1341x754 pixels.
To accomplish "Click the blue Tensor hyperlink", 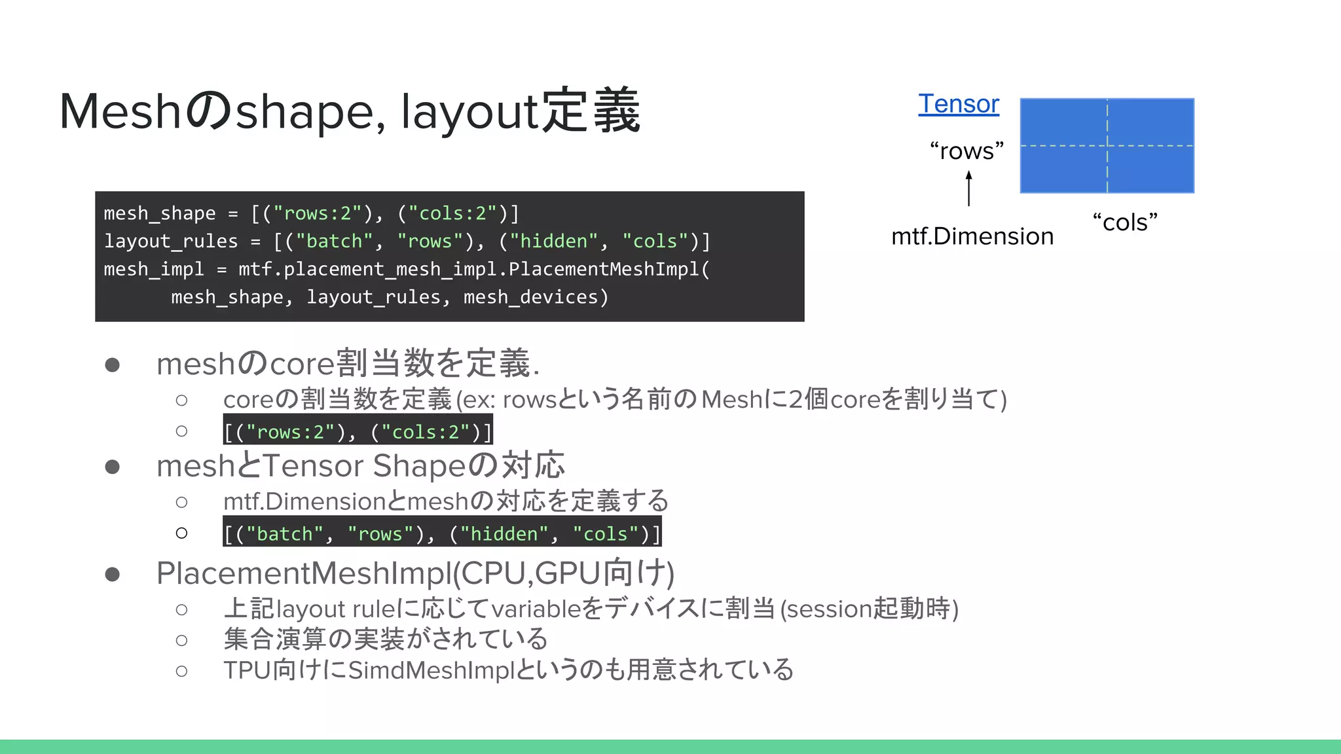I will pyautogui.click(x=959, y=104).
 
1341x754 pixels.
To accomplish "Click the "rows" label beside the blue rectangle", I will pyautogui.click(x=966, y=151).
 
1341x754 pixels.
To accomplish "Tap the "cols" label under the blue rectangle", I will pyautogui.click(x=1125, y=223).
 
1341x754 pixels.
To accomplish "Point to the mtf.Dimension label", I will pyautogui.click(x=972, y=236).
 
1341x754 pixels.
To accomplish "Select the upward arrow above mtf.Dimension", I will pyautogui.click(x=969, y=188).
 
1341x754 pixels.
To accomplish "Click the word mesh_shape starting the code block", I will pyautogui.click(x=159, y=213).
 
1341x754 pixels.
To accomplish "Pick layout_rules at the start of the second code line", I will pyautogui.click(x=170, y=242).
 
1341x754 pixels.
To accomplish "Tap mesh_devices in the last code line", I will pyautogui.click(x=530, y=297).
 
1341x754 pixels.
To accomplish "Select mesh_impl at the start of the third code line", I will pyautogui.click(x=153, y=269).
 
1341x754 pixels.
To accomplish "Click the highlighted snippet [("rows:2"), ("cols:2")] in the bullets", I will pyautogui.click(x=358, y=431).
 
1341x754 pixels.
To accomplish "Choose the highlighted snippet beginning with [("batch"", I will pyautogui.click(x=442, y=533).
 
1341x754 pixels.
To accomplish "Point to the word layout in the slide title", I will pyautogui.click(x=469, y=112).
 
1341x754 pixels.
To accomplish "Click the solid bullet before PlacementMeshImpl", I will pyautogui.click(x=113, y=574).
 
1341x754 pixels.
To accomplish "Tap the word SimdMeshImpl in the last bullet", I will pyautogui.click(x=432, y=670).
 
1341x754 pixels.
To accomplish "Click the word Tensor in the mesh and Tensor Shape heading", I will pyautogui.click(x=313, y=466).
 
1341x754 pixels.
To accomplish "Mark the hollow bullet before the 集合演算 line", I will pyautogui.click(x=181, y=640).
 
